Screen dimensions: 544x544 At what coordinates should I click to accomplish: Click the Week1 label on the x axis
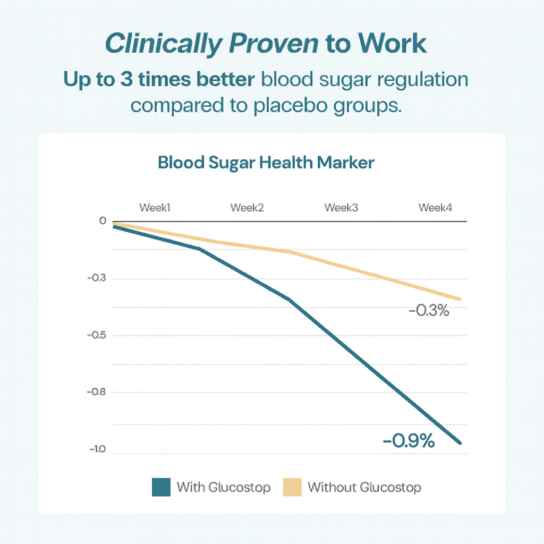tap(155, 207)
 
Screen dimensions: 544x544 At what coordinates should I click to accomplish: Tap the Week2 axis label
tap(247, 207)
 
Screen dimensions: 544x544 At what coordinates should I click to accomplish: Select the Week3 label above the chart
tap(341, 207)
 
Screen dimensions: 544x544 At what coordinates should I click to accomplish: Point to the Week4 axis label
tap(435, 207)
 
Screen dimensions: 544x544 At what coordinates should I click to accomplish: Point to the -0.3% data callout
tap(429, 311)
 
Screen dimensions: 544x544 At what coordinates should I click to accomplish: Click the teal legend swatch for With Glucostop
tap(161, 487)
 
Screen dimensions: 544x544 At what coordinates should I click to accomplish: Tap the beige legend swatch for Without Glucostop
tap(292, 487)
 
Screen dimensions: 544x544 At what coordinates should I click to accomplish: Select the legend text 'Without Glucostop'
tap(364, 487)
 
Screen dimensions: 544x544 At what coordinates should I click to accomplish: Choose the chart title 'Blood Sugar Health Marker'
tap(266, 163)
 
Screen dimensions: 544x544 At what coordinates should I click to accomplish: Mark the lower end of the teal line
tap(460, 443)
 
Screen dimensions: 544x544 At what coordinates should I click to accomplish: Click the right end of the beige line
tap(460, 299)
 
